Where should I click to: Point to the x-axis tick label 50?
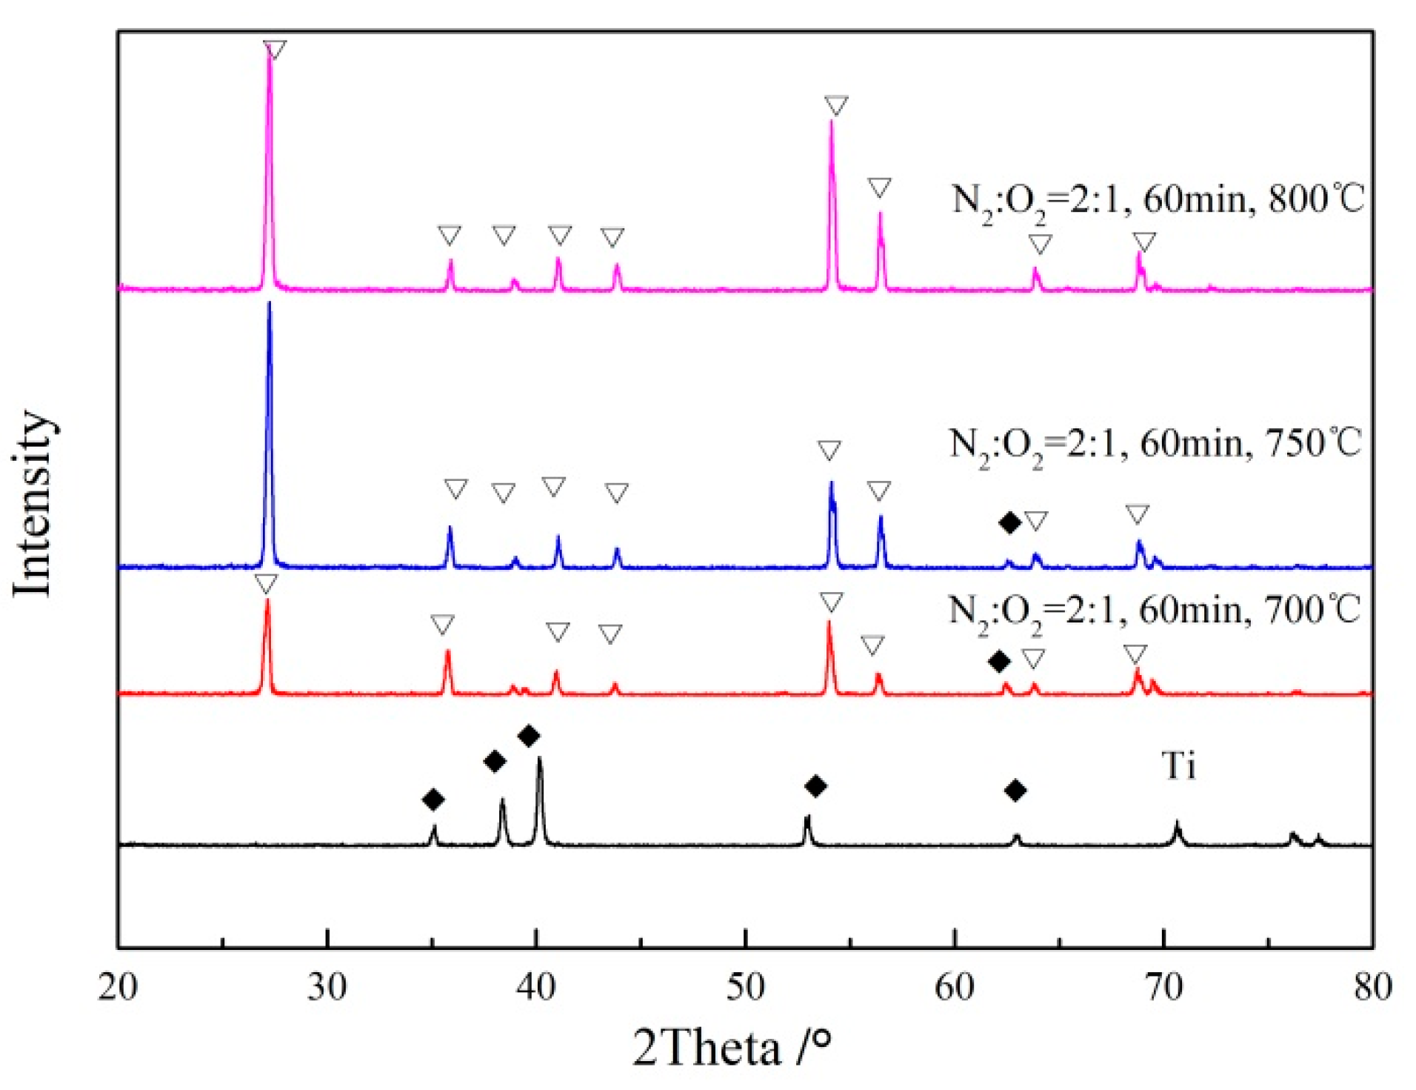745,988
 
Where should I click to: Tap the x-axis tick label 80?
1372,988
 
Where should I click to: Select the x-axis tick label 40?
535,988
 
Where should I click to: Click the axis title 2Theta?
707,1049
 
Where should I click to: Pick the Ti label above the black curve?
1178,765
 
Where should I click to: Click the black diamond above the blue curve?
1009,522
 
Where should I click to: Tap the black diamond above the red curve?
999,661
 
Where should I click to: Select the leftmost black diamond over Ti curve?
433,800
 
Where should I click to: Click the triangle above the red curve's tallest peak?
266,583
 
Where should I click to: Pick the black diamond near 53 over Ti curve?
815,786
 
